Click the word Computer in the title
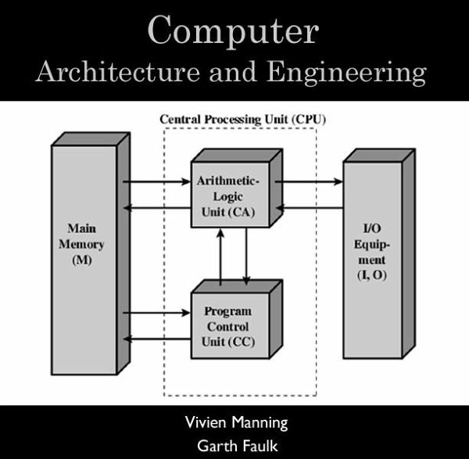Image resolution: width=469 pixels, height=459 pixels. [x=233, y=31]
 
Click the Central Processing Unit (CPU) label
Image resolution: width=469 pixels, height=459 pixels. [x=242, y=119]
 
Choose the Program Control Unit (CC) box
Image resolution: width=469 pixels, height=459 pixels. [x=230, y=326]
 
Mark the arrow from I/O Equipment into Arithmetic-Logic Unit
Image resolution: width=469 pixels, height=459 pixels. [x=310, y=207]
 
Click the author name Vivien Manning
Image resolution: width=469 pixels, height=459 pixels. [x=235, y=423]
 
